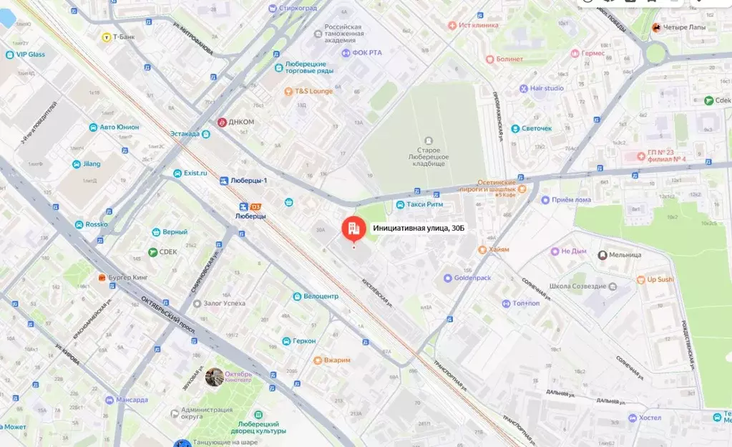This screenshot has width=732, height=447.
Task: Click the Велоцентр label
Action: [x=320, y=296]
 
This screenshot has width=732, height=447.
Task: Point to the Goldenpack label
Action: [x=472, y=278]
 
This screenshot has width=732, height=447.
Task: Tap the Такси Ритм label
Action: [x=425, y=205]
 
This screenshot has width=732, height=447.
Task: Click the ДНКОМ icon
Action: [x=223, y=122]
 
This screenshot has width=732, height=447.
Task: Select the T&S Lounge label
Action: [x=313, y=91]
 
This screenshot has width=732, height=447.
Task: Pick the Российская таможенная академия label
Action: [x=339, y=34]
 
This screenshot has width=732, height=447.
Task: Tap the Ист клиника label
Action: [x=478, y=25]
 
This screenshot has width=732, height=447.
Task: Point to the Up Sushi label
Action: [x=660, y=279]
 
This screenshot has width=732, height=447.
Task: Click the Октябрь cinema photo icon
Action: [x=214, y=377]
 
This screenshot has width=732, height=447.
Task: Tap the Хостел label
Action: [x=650, y=418]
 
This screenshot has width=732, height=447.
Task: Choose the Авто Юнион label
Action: [x=119, y=127]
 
